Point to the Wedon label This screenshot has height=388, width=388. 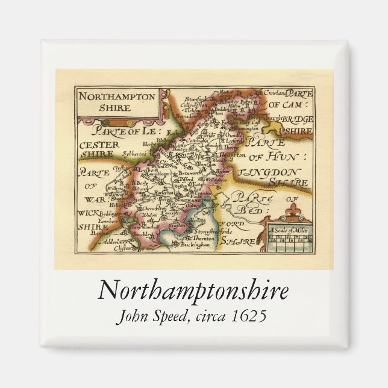click(149, 214)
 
